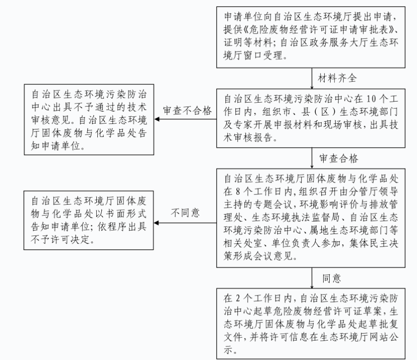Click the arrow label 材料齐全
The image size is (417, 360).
point(337,78)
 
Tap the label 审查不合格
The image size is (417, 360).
point(187,111)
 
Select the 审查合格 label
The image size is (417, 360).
point(339,158)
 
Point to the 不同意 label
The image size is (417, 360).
point(185,213)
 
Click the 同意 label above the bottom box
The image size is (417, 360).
point(332,278)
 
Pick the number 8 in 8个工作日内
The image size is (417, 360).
point(238,191)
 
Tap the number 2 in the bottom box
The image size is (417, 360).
point(238,298)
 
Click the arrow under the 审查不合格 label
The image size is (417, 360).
point(185,119)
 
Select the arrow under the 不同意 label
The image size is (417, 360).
point(185,223)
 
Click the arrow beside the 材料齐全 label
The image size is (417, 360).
point(312,78)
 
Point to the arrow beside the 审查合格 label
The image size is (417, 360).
point(312,158)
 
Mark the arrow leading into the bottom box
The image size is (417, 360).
point(312,278)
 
